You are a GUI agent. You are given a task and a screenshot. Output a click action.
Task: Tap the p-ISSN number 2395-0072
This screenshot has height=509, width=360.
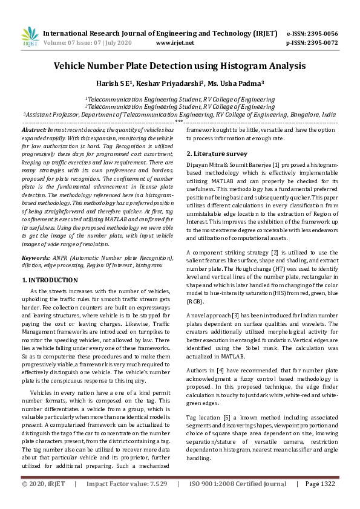pyautogui.click(x=322, y=43)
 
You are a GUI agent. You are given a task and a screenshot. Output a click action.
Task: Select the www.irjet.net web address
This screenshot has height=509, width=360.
pyautogui.click(x=175, y=43)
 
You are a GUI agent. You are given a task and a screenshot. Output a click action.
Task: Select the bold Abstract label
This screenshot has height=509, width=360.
pyautogui.click(x=34, y=130)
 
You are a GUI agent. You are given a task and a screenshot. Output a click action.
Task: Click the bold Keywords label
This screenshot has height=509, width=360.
pyautogui.click(x=36, y=258)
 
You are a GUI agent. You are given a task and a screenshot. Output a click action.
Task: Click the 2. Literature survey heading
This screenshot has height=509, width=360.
pyautogui.click(x=217, y=154)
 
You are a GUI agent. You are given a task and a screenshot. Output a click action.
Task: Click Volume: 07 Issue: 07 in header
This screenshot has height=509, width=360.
pyautogui.click(x=75, y=43)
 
